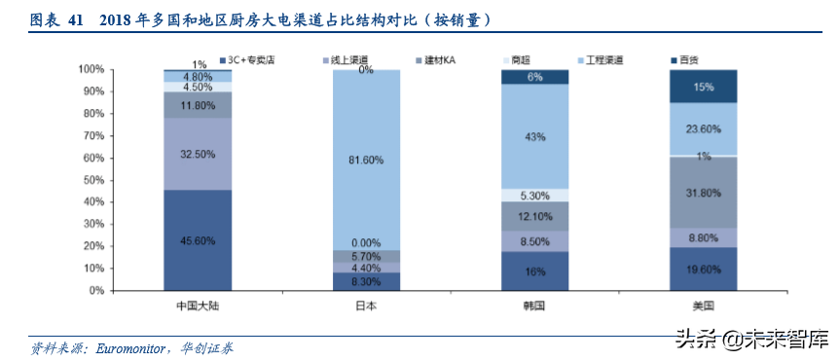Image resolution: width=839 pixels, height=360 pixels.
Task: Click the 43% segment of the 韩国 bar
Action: (x=534, y=137)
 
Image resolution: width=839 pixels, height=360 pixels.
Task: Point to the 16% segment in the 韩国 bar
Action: (x=534, y=271)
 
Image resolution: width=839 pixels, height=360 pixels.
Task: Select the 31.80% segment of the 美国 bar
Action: (x=703, y=193)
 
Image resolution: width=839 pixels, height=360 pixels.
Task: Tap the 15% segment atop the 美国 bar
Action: (x=703, y=87)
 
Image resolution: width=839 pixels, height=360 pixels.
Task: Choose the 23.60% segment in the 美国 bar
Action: (x=703, y=128)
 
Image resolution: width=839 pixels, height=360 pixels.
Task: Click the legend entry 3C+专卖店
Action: (x=253, y=60)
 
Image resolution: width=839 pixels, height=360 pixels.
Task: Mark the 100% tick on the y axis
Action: (x=90, y=69)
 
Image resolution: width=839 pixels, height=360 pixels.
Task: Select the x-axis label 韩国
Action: (x=534, y=306)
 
